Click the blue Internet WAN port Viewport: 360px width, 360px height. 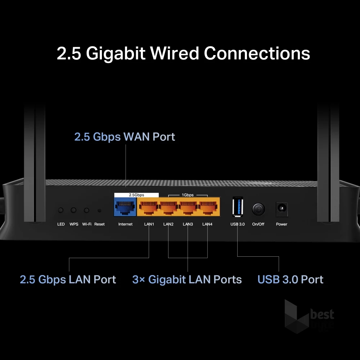[x=125, y=208]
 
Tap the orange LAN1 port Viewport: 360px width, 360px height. [x=149, y=208]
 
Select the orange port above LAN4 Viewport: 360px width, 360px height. [x=207, y=208]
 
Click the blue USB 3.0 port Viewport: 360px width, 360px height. [x=237, y=207]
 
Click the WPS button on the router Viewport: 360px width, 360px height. [x=74, y=210]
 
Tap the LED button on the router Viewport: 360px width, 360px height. [x=61, y=210]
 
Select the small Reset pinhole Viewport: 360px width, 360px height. [x=99, y=211]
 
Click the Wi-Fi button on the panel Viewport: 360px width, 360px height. [x=86, y=210]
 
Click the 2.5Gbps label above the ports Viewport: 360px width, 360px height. [x=136, y=195]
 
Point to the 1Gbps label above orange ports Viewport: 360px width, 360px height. [x=188, y=195]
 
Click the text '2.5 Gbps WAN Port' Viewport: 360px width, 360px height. [x=125, y=137]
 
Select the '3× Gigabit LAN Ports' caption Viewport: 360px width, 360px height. [x=187, y=279]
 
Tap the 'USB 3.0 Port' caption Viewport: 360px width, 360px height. [x=290, y=279]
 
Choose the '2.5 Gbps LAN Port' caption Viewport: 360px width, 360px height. [x=68, y=279]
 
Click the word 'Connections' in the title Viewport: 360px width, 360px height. [x=257, y=53]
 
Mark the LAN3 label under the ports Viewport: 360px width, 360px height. [x=188, y=224]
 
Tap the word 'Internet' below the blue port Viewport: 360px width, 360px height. [x=125, y=224]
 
